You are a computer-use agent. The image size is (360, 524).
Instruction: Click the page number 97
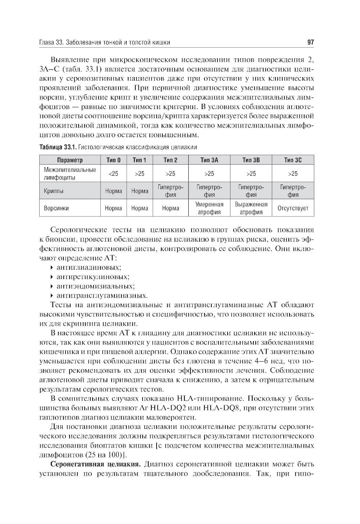[311, 42]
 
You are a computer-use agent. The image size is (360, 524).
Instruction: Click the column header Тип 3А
[209, 160]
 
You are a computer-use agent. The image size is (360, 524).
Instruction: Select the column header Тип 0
[113, 160]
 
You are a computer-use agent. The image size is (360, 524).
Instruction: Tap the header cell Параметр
[70, 160]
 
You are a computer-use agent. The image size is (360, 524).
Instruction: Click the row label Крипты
[54, 191]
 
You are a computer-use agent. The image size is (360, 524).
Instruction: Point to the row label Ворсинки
[56, 208]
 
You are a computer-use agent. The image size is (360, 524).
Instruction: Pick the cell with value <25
[113, 174]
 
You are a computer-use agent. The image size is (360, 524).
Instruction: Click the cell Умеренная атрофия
[209, 208]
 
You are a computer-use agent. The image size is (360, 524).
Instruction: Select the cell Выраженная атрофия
[251, 208]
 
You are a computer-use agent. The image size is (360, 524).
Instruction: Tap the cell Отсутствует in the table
[293, 208]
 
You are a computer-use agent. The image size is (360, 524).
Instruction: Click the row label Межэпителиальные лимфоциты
[70, 174]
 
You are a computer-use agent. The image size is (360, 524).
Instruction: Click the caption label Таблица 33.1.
[58, 147]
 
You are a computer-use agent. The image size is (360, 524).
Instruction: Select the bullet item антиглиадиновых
[89, 268]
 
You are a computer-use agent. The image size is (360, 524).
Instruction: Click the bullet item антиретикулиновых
[93, 277]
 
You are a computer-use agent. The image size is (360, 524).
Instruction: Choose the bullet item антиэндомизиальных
[95, 286]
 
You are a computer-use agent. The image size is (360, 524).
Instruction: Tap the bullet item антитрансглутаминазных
[102, 296]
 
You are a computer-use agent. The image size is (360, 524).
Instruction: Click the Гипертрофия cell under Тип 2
[171, 191]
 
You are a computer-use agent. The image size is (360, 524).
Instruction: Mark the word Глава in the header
[46, 42]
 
